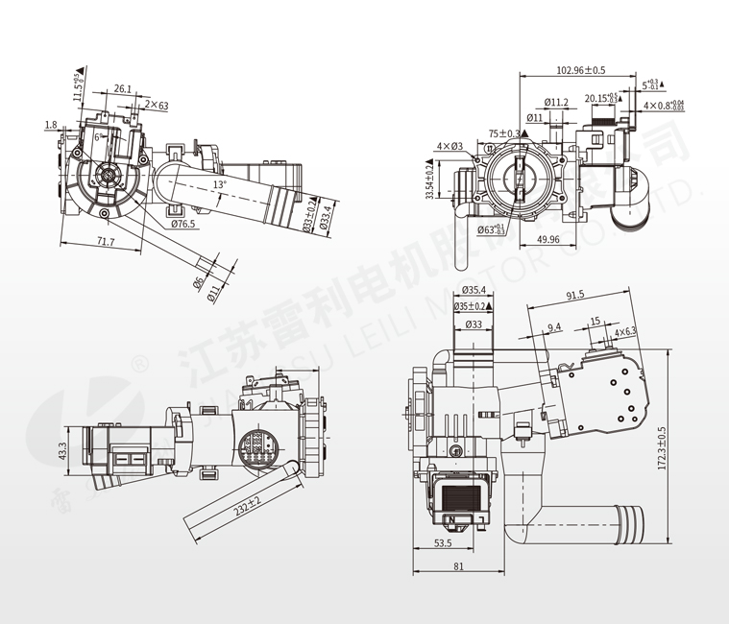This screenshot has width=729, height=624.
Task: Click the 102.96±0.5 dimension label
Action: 581,70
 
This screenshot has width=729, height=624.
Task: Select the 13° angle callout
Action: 220,183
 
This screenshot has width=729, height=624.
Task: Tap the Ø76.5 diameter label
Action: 182,224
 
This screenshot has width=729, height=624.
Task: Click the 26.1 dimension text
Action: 123,88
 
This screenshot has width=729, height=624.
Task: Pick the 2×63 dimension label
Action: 157,105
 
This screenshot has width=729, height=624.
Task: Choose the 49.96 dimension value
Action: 549,239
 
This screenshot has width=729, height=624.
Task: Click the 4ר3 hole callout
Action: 450,146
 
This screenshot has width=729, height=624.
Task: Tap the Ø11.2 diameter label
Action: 556,102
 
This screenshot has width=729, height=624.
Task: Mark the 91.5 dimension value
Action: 576,295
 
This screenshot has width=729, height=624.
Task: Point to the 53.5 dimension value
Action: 443,543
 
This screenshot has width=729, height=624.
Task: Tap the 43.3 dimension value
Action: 61,450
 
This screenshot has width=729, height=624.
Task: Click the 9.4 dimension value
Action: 554,327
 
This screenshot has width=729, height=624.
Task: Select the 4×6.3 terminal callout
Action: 626,332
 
